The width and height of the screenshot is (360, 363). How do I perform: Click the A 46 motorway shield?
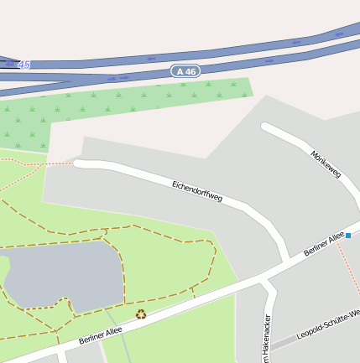pos(186,71)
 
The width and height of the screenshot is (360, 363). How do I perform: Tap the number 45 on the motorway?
pos(23,65)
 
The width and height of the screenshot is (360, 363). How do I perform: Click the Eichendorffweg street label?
pos(197,190)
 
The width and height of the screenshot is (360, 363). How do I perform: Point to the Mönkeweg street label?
pos(326,163)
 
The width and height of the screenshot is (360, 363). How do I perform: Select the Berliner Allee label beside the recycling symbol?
pos(101,334)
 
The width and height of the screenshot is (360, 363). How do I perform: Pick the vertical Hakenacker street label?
pos(268,340)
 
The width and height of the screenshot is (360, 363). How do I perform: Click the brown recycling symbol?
pos(141,314)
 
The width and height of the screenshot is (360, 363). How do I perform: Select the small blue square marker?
pos(348,236)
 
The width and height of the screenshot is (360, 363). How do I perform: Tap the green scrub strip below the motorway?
pos(126,105)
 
